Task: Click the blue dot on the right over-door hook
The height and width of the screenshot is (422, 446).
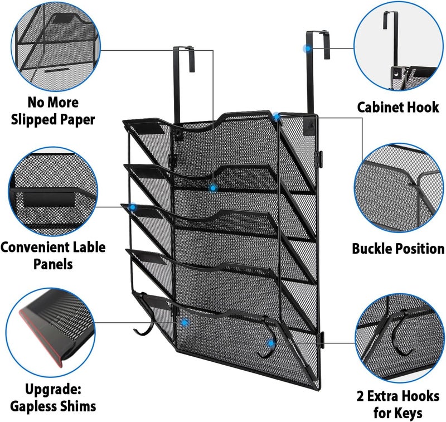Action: (306, 49)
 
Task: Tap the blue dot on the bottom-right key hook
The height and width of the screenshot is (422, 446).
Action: (271, 343)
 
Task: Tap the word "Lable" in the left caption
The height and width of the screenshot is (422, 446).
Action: (89, 247)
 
